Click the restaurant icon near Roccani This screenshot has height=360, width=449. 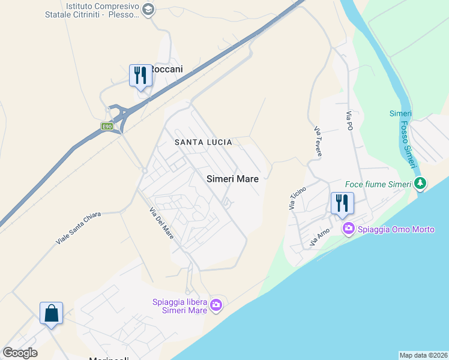pos(140,76)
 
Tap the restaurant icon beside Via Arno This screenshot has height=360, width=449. pos(342,203)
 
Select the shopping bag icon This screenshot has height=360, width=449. pos(52,313)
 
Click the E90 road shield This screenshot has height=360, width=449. pos(107,127)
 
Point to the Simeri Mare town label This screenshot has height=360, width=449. pos(232,179)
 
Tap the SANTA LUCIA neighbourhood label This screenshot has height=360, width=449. pos(203,142)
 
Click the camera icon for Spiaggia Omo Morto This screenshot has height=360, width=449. pos(348,229)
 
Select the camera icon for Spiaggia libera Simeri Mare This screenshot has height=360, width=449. pos(216,305)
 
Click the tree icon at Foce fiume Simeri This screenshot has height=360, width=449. pos(421,184)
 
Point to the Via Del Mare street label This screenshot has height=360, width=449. pos(162,223)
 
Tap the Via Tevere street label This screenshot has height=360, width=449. pos(318,142)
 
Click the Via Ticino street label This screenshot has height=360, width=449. pos(297,198)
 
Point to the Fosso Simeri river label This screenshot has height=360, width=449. pos(406,139)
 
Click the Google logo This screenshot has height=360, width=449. pos(20,353)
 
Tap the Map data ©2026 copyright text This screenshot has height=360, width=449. pos(423,355)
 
